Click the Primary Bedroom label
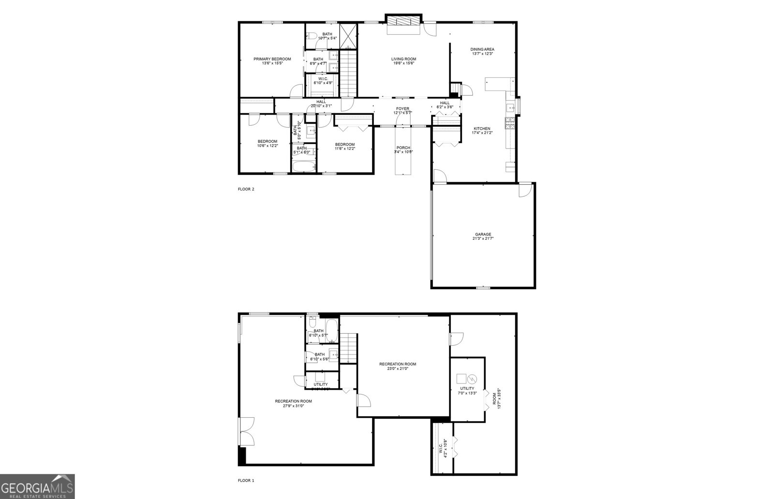tap(272, 61)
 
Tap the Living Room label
tap(403, 61)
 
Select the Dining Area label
tap(482, 51)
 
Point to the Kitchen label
tap(482, 131)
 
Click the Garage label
tap(483, 236)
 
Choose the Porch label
tap(403, 150)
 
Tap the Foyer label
tap(402, 111)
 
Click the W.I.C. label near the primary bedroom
tap(323, 81)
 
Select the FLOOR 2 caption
tap(246, 189)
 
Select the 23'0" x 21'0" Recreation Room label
tap(398, 366)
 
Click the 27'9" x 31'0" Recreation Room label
tap(293, 403)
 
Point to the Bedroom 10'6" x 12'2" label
tap(267, 144)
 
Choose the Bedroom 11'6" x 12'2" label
tap(345, 147)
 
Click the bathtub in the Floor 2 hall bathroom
tap(304, 167)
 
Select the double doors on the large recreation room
tap(246, 431)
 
